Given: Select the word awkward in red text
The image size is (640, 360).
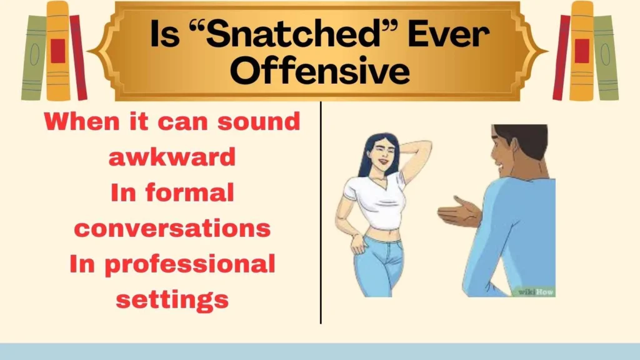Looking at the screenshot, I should click(172, 157).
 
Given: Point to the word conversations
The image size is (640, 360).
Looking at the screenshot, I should click(172, 229).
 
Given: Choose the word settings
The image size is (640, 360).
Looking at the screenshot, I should click(172, 300).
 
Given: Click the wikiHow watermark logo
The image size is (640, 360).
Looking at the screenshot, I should click(536, 291).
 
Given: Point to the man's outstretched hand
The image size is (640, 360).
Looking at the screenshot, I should click(455, 212).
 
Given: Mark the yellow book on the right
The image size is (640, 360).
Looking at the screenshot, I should click(581, 50).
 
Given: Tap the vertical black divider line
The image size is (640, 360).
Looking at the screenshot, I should click(321, 212).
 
